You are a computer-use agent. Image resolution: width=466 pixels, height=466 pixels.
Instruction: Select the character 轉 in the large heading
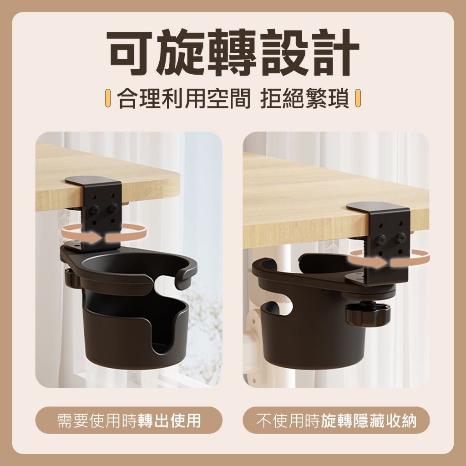(233, 52)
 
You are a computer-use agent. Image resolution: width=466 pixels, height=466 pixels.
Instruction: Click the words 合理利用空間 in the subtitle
(183, 98)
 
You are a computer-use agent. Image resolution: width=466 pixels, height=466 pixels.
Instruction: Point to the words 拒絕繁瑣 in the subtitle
(304, 98)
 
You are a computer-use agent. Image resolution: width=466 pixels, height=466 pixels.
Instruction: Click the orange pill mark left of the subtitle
(108, 98)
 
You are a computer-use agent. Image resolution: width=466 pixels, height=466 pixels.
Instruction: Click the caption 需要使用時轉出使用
(129, 420)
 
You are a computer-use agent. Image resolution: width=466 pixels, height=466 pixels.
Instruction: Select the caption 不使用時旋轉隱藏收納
(336, 420)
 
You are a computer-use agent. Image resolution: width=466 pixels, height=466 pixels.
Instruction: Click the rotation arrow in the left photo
(105, 234)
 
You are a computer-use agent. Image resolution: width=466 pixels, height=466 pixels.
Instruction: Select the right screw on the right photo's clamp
(401, 237)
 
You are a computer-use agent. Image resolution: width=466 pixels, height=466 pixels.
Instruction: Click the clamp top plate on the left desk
(93, 181)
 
